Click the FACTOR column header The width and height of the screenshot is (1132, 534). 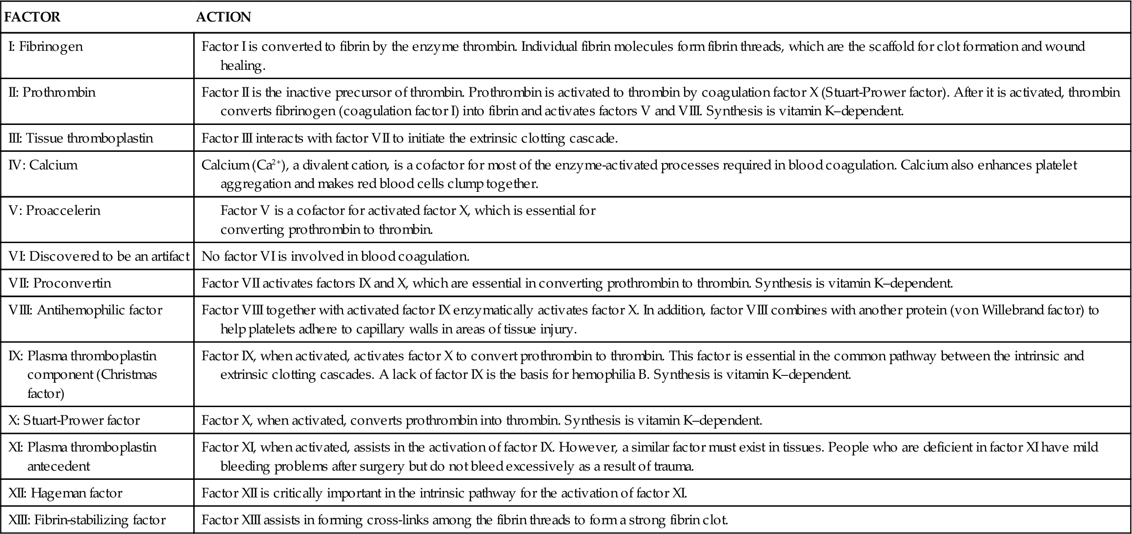click(32, 17)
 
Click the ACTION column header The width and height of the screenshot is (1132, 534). click(223, 17)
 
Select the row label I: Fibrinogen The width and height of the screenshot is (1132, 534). click(46, 47)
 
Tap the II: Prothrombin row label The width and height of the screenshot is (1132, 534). click(52, 93)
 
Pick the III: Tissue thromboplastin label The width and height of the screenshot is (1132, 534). click(81, 139)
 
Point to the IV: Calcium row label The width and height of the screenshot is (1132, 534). click(43, 165)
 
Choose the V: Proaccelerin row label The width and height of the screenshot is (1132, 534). click(55, 211)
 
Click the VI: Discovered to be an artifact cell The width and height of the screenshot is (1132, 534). click(99, 257)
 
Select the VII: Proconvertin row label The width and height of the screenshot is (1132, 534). click(60, 283)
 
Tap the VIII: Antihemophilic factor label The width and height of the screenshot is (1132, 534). click(85, 310)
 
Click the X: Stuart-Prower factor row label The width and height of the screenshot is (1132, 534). click(74, 421)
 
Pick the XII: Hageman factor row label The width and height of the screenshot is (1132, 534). click(65, 493)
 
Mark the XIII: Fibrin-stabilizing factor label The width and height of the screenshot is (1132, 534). click(87, 520)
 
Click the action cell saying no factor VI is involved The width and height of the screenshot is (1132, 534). click(335, 257)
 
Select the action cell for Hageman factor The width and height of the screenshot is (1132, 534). click(444, 493)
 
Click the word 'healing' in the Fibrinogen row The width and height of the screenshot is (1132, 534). click(243, 66)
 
